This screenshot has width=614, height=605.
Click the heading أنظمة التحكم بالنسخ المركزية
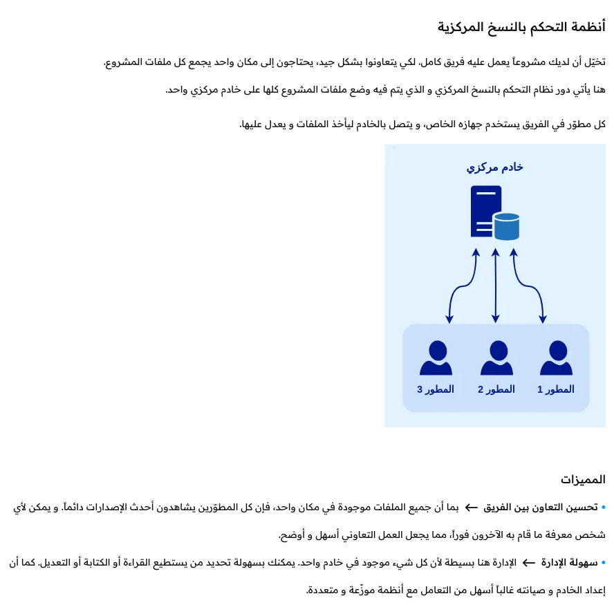coord(521,28)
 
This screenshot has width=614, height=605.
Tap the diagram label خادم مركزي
coord(494,167)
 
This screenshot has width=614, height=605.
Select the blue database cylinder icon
coord(506,227)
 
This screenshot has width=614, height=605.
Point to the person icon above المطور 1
coord(556,358)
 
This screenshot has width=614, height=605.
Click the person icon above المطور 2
coord(496,358)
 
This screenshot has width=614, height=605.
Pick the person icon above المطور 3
coord(436,358)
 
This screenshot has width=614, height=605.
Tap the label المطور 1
coord(556,389)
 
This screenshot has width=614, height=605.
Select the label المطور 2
coord(496,389)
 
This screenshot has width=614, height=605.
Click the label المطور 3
coord(436,389)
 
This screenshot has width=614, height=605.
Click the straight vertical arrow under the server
coord(495,285)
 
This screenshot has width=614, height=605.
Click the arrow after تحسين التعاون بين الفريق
coord(471,508)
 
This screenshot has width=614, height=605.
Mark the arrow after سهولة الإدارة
coord(528,563)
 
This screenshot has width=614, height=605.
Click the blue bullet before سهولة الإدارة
coord(603,563)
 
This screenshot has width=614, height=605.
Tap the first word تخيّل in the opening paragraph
coord(596,62)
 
